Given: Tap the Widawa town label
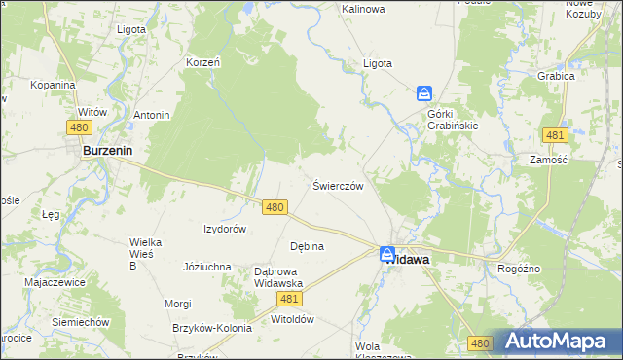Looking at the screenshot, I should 408,261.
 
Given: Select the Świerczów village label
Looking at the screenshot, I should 338,185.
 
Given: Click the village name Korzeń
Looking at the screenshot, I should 202,62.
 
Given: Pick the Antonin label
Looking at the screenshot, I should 152,115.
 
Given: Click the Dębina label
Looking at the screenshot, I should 307,246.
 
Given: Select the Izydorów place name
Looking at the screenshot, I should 224,229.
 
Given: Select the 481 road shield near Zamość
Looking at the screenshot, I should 555,135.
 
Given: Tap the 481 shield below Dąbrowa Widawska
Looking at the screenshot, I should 289,300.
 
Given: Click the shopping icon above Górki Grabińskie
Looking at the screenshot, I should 424,93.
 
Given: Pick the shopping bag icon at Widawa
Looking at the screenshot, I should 387,254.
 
